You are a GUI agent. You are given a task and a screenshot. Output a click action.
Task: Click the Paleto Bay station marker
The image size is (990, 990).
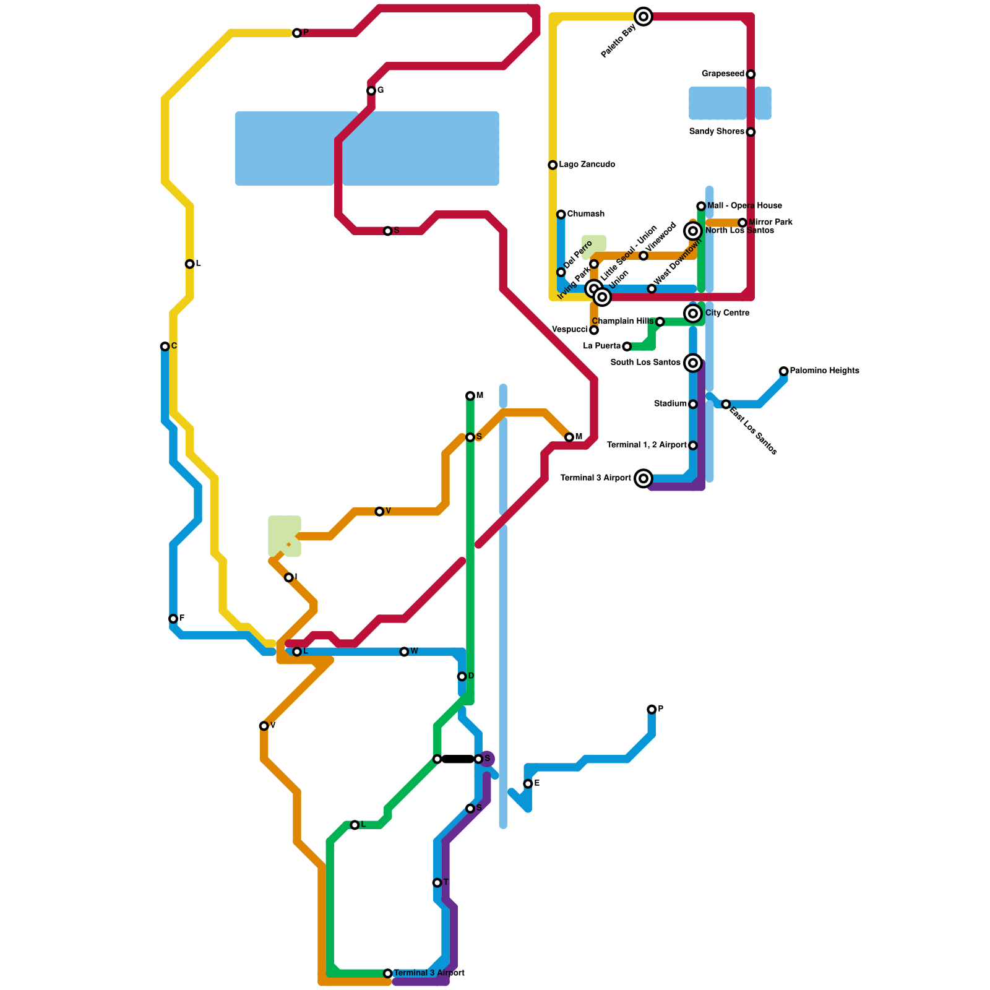click(643, 17)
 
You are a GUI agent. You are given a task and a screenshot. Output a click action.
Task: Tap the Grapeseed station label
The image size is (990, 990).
click(723, 74)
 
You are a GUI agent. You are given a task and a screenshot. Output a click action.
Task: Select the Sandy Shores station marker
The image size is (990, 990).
click(751, 132)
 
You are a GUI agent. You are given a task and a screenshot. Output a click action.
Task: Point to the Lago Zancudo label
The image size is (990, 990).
click(587, 165)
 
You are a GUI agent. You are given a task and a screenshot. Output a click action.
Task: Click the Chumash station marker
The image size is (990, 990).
click(561, 215)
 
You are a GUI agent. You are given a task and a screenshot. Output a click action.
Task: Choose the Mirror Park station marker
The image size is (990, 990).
click(742, 223)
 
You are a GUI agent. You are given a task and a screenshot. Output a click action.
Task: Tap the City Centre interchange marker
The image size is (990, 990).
click(693, 314)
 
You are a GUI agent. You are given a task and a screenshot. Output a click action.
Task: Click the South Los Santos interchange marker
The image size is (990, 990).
click(693, 363)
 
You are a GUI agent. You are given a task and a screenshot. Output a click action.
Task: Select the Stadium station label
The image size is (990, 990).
click(670, 404)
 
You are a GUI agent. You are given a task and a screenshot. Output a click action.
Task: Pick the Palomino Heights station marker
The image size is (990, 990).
click(783, 371)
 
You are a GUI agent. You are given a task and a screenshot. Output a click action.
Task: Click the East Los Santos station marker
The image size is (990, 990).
click(726, 404)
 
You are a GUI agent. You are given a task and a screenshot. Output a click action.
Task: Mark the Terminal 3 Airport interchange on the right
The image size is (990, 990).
click(643, 478)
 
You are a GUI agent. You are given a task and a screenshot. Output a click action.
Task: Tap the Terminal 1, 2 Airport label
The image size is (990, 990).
click(647, 445)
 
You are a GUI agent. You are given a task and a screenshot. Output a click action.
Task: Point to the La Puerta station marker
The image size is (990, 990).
click(627, 346)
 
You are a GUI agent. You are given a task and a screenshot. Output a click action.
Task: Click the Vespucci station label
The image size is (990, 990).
click(569, 330)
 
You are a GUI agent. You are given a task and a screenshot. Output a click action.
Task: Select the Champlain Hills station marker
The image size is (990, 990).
click(660, 322)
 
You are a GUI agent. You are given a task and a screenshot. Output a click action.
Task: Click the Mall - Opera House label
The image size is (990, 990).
click(744, 206)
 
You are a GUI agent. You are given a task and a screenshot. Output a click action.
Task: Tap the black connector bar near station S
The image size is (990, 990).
click(458, 759)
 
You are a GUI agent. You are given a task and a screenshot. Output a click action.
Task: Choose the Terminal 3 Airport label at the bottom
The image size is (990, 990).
click(429, 973)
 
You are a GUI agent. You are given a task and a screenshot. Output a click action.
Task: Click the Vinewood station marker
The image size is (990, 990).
click(643, 256)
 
